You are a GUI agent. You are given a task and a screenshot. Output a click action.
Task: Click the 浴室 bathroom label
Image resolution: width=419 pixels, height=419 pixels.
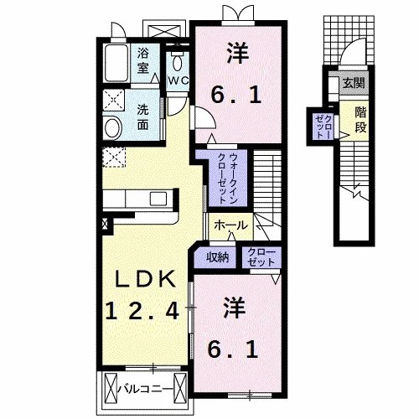(x=143, y=60)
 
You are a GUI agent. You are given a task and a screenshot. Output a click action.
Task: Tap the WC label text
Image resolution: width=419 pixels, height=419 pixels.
(x=178, y=80)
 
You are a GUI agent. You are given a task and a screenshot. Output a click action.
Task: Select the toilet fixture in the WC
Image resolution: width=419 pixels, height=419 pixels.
(x=177, y=61)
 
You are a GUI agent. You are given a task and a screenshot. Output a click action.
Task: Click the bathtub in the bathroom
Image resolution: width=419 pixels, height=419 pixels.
(x=116, y=63)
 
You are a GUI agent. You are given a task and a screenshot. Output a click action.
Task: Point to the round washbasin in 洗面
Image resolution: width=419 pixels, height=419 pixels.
(x=112, y=127)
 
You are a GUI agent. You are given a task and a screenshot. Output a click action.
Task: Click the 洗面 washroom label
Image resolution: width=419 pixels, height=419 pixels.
(x=142, y=117)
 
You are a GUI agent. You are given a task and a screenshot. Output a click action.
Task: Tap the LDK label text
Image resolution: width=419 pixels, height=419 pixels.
(x=146, y=279)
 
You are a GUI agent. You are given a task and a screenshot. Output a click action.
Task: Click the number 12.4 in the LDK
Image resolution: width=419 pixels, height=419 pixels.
(x=142, y=311)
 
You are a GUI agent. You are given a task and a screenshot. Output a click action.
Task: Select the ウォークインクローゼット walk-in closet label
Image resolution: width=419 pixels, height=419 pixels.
(x=228, y=178)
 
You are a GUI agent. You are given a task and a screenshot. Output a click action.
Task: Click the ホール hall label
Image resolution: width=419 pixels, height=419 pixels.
(x=231, y=225)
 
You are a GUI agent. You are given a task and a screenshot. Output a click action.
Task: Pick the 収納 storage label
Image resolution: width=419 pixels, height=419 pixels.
(x=218, y=257)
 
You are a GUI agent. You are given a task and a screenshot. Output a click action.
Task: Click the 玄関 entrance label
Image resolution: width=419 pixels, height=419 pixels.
(x=354, y=83)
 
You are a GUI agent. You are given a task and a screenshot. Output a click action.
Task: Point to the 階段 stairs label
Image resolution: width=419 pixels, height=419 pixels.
(x=360, y=120)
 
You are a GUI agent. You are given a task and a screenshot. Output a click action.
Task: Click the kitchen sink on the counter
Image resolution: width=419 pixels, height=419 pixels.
(x=158, y=199)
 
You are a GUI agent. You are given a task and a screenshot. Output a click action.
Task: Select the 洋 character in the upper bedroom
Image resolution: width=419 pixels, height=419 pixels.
(x=238, y=53)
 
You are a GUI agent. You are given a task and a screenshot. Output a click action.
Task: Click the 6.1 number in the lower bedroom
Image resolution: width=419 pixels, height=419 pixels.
(x=233, y=350)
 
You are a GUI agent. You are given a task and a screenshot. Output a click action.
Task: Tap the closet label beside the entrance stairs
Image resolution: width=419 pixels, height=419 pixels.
(x=323, y=127)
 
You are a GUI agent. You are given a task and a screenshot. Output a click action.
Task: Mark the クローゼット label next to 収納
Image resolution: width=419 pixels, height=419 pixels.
(x=261, y=257)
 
